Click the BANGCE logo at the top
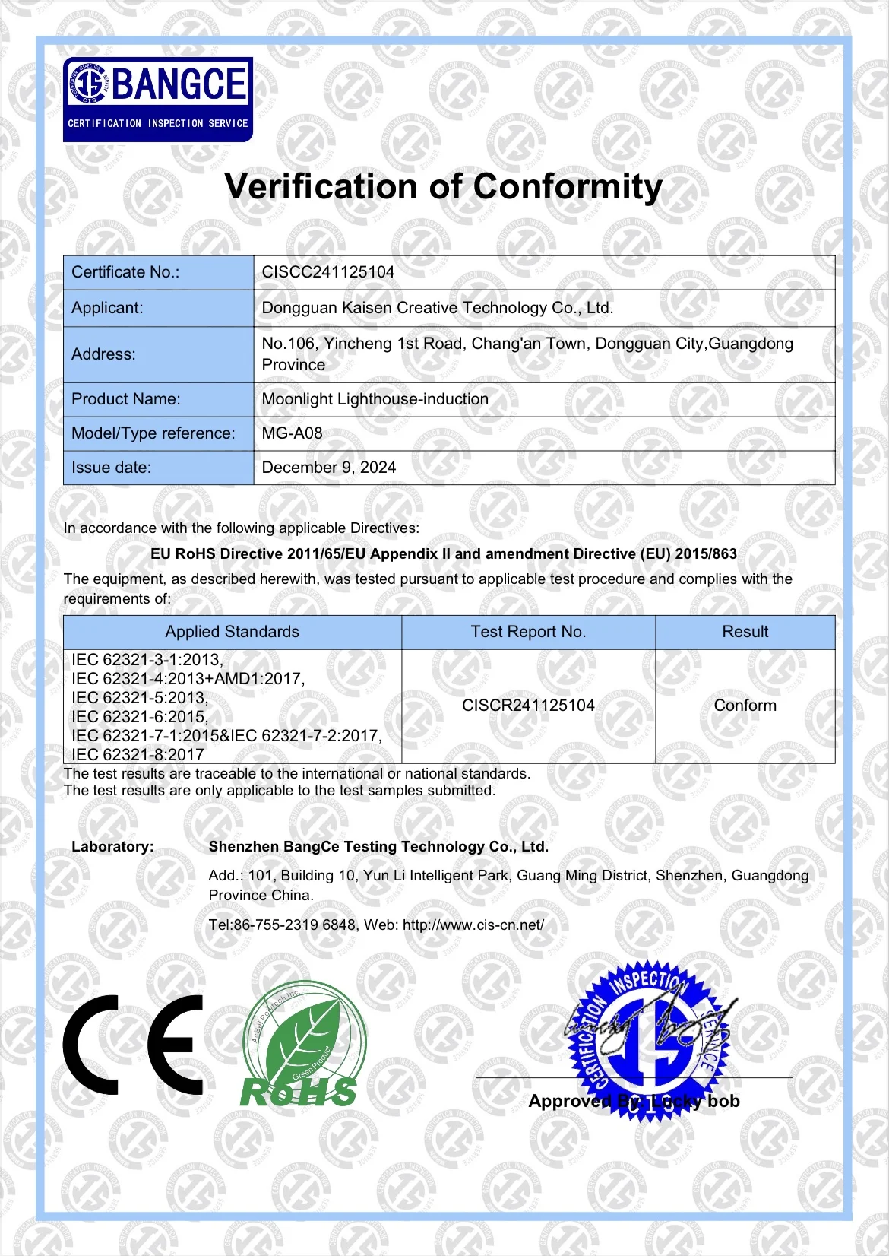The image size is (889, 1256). [x=158, y=99]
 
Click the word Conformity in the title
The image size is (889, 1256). [x=568, y=187]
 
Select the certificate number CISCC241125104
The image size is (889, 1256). [x=328, y=272]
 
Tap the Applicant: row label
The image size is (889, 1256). [x=107, y=308]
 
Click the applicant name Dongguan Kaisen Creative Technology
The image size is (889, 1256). [x=437, y=308]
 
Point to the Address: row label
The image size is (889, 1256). [x=103, y=354]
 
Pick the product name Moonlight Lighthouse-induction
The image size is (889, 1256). [x=375, y=399]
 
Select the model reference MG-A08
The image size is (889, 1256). [x=293, y=433]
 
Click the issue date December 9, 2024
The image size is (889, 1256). [x=329, y=468]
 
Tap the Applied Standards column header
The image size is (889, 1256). [x=233, y=632]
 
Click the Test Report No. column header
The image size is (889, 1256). [x=528, y=632]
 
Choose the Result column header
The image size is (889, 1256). [x=745, y=632]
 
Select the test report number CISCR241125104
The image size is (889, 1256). [x=528, y=706]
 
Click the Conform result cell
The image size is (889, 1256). [x=745, y=706]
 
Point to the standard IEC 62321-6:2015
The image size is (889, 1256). [x=140, y=716]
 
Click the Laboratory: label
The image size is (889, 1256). [x=112, y=847]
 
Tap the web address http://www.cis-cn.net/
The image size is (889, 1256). [x=473, y=925]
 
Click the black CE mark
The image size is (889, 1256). [x=134, y=1045]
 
